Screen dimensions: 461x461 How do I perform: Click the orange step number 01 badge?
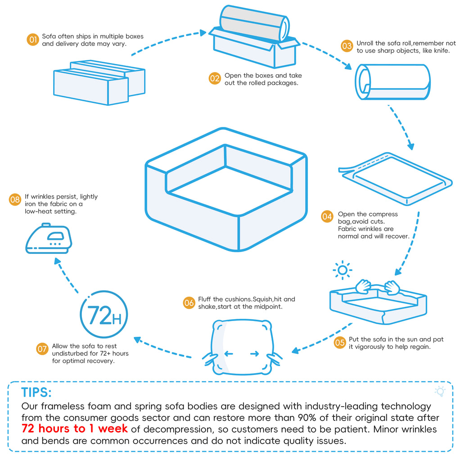pos(32,40)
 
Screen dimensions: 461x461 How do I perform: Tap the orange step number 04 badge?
pos(327,217)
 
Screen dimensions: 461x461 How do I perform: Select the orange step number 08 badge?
pos(15,199)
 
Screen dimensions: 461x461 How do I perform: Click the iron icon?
pos(48,238)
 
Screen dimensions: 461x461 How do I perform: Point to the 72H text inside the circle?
pos(104,315)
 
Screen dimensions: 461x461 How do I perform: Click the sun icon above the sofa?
pos(343,270)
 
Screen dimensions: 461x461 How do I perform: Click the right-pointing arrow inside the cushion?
pos(255,354)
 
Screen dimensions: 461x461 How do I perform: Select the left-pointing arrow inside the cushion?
pos(229,354)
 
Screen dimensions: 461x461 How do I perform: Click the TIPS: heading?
pos(36,392)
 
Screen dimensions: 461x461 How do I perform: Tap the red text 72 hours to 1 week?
pos(75,428)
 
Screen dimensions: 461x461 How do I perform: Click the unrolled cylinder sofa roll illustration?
pos(393,82)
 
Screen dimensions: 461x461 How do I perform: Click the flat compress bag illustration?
pos(394,177)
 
